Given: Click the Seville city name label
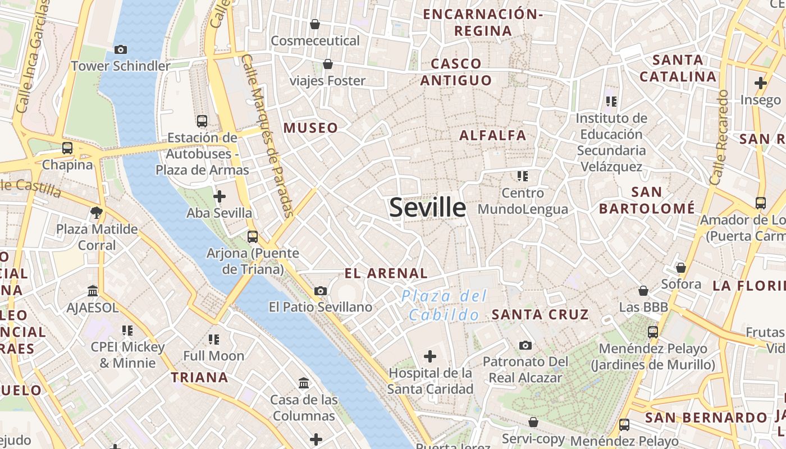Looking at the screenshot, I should tap(427, 208).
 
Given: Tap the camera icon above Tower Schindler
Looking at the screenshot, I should tap(120, 49).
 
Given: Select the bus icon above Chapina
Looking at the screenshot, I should tap(67, 148).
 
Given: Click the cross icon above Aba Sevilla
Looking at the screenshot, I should tap(220, 196).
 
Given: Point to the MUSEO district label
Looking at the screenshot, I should tap(310, 128).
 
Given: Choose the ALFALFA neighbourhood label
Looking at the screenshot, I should tap(493, 135).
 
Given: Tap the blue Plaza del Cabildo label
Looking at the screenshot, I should tap(444, 305).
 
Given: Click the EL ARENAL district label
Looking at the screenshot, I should tap(386, 273).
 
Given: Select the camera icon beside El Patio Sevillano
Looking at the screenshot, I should tap(321, 291).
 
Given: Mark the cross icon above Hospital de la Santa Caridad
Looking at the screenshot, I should tap(430, 356).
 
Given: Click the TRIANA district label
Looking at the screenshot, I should tap(199, 377).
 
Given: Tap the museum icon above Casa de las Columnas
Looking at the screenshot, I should tap(304, 383).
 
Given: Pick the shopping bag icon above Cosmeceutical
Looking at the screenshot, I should tap(315, 24).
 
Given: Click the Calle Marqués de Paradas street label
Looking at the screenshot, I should tap(268, 135).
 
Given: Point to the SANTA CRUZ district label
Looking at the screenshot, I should tap(540, 315).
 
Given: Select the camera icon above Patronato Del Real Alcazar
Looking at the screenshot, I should tap(525, 345).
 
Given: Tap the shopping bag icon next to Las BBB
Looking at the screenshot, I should tap(643, 291).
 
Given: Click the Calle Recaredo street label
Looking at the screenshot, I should tap(719, 138).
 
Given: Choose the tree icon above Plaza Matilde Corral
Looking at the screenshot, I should tap(97, 212).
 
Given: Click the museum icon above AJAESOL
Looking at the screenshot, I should tap(93, 291).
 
